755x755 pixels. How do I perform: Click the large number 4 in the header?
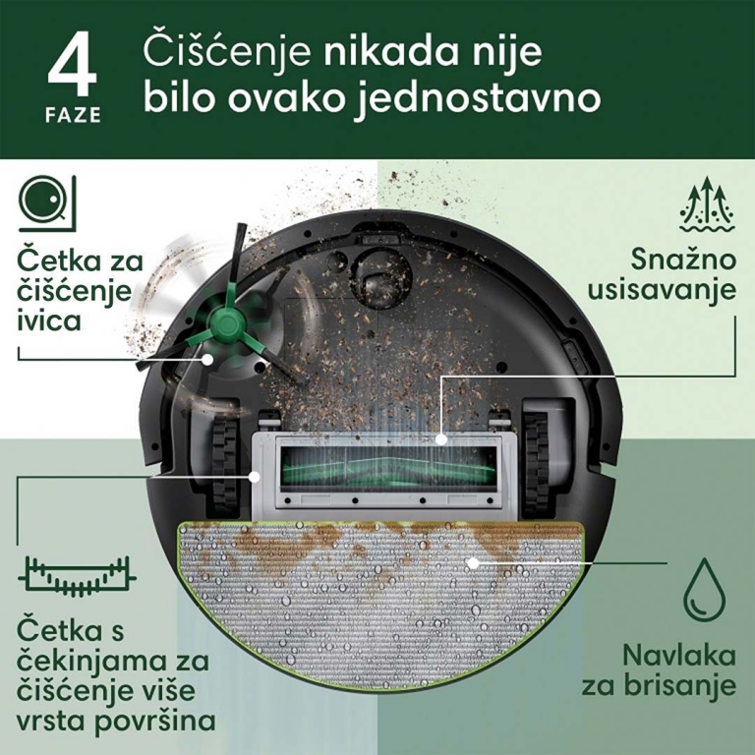72,65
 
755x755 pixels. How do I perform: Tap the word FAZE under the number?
73,116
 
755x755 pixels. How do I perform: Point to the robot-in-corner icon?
47,203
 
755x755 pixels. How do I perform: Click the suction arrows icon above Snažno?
708,204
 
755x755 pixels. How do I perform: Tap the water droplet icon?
705,590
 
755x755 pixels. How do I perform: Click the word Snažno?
684,260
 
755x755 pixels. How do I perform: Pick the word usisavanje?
662,290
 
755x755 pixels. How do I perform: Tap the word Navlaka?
679,656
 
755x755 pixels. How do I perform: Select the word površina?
155,722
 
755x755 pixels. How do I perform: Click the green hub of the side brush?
225,321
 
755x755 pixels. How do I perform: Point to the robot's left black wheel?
225,464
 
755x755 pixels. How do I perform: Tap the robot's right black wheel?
537,464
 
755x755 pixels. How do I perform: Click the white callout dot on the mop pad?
473,563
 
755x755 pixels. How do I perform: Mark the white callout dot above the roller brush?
441,439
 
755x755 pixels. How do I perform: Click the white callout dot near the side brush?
207,359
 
